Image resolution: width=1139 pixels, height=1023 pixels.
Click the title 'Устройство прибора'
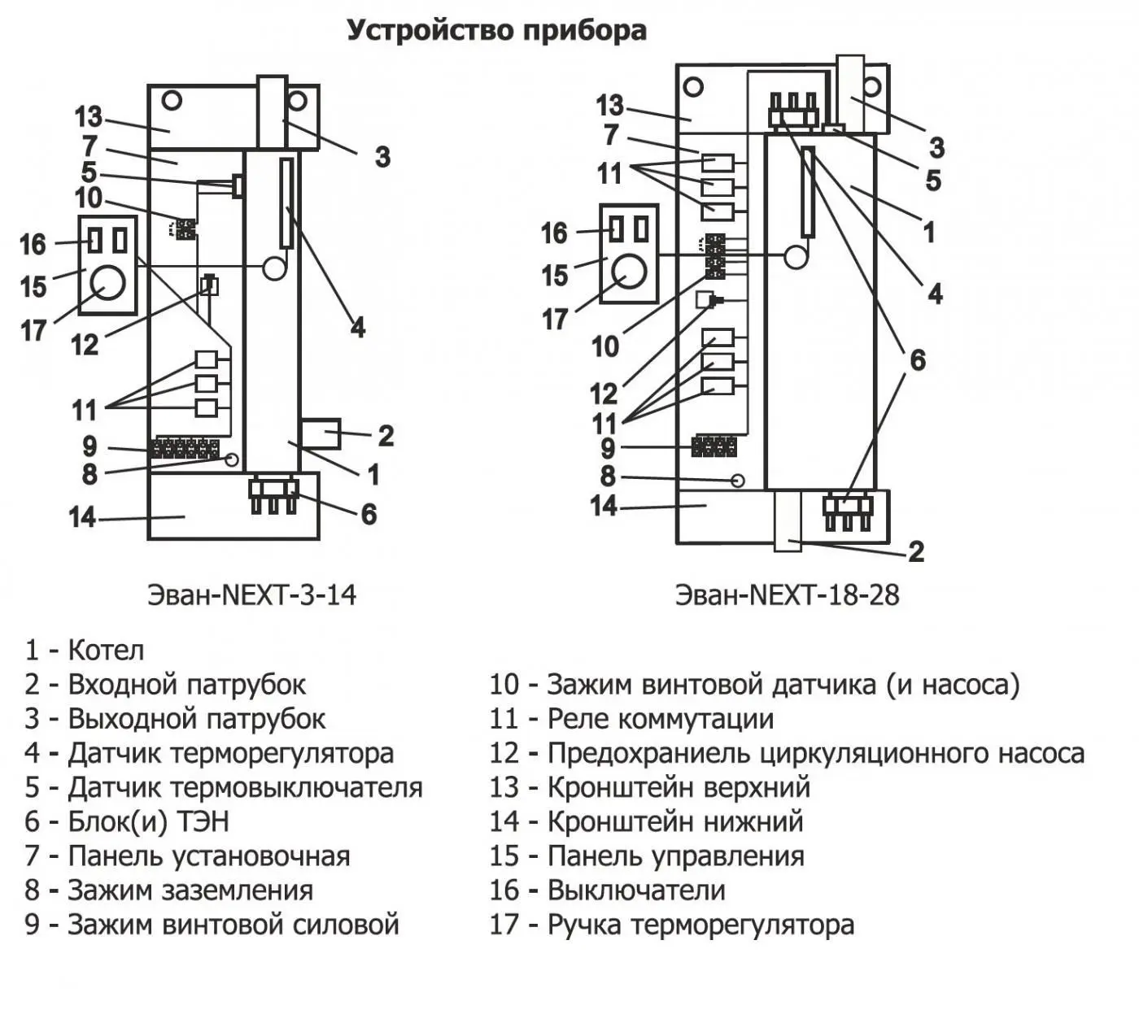pyautogui.click(x=496, y=30)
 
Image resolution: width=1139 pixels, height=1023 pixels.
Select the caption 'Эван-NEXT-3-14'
pyautogui.click(x=251, y=594)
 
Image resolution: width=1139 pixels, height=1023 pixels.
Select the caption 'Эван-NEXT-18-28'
pyautogui.click(x=787, y=594)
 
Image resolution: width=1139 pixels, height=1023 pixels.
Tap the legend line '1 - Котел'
pyautogui.click(x=85, y=650)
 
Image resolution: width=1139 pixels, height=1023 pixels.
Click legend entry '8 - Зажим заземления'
pyautogui.click(x=168, y=890)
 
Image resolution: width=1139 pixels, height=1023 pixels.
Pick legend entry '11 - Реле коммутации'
pyautogui.click(x=631, y=719)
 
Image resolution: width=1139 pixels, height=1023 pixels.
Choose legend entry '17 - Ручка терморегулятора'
pyautogui.click(x=671, y=925)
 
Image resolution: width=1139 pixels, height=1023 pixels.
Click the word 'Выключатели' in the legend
pyautogui.click(x=636, y=890)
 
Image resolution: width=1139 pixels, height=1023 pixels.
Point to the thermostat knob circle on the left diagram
pyautogui.click(x=107, y=283)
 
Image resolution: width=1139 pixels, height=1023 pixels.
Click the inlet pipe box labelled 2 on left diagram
pyautogui.click(x=320, y=433)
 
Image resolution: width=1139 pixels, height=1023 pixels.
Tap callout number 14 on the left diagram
pyautogui.click(x=82, y=517)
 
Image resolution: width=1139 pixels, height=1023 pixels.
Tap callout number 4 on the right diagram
pyautogui.click(x=935, y=294)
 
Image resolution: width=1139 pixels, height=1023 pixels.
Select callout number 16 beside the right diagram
pyautogui.click(x=554, y=233)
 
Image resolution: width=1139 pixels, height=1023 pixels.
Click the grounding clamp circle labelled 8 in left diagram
pyautogui.click(x=232, y=460)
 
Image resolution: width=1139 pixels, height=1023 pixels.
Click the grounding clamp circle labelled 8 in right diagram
pyautogui.click(x=738, y=481)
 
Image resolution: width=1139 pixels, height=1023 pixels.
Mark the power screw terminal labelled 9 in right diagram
pyautogui.click(x=714, y=446)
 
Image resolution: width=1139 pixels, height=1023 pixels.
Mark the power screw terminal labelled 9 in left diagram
pyautogui.click(x=184, y=448)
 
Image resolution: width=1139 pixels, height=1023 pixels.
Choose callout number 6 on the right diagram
pyautogui.click(x=917, y=359)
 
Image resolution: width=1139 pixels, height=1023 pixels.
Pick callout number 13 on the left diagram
pyautogui.click(x=89, y=117)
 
